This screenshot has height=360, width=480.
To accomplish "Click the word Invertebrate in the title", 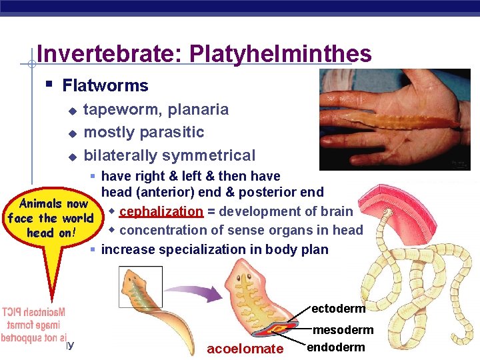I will click(x=110, y=53).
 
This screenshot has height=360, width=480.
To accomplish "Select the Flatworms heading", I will click(x=105, y=85).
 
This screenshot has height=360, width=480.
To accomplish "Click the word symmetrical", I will click(x=212, y=155).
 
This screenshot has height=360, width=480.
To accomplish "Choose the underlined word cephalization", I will click(x=161, y=211).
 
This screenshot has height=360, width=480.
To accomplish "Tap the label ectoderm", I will click(x=338, y=309).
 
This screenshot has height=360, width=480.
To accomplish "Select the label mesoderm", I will click(x=343, y=330).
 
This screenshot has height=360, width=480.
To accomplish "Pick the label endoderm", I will click(x=336, y=347).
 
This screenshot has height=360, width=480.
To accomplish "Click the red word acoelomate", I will click(x=245, y=349).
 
